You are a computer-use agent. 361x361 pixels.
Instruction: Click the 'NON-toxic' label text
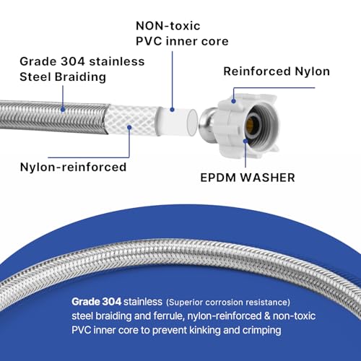pos(168,26)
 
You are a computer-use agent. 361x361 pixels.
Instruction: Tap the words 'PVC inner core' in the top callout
pos(182,41)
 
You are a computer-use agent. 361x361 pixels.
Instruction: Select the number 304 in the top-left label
pos(72,61)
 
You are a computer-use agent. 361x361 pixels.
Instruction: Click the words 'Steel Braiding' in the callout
pos(63,77)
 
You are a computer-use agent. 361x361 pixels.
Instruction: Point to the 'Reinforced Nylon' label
pos(277,71)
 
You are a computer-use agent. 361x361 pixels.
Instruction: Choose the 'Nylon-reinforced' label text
pos(73,167)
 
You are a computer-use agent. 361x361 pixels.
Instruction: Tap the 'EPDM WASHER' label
pos(248,178)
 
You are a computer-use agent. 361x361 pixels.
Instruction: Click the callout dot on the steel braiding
pos(63,110)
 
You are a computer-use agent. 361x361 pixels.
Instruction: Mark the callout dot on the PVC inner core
pos(172,110)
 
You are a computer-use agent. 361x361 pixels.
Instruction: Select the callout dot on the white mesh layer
pos(129,127)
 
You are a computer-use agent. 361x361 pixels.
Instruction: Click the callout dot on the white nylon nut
pos(233,101)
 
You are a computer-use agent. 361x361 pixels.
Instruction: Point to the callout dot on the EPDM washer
pos(245,141)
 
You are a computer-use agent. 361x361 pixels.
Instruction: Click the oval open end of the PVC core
pos(192,122)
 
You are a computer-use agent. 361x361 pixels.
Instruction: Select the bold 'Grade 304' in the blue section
pos(97,302)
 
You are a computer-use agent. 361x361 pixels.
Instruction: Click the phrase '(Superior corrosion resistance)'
pos(228,303)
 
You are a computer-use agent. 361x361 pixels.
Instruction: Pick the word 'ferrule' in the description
pos(168,316)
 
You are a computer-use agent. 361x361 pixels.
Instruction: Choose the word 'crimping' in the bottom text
pos(261,331)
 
